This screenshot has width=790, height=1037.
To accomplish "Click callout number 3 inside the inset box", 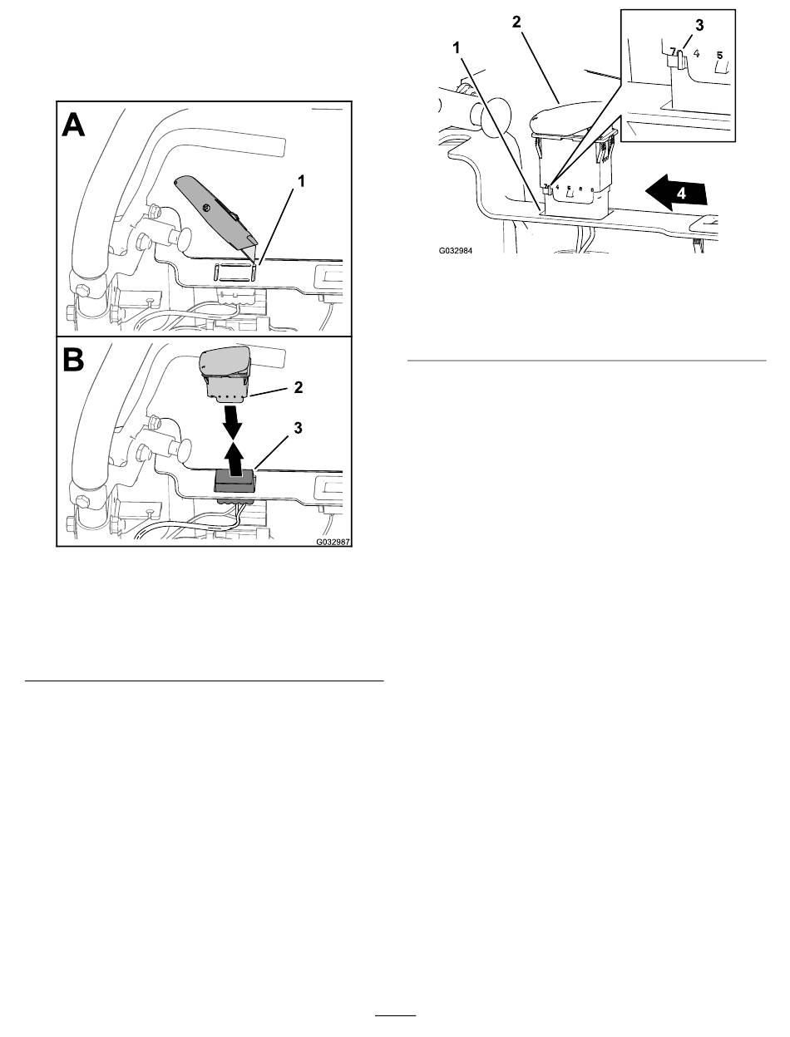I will (699, 25).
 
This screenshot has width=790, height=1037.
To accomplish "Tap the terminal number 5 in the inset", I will (720, 56).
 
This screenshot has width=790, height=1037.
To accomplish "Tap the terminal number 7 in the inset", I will (672, 52).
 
